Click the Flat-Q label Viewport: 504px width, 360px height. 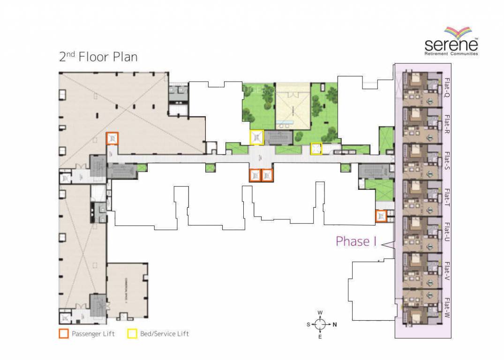click(x=447, y=88)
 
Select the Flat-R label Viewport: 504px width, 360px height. click(x=447, y=124)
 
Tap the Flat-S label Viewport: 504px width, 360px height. click(x=447, y=161)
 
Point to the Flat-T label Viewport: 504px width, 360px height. click(x=447, y=197)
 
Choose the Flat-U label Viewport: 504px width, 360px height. click(x=447, y=233)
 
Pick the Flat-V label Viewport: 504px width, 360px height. click(x=447, y=270)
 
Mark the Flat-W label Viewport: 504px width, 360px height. click(x=447, y=307)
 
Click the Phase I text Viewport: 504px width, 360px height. click(x=356, y=241)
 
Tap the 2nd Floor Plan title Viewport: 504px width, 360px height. click(x=98, y=57)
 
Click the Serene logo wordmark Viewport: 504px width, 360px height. click(x=451, y=45)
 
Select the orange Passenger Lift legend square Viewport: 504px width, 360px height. click(x=63, y=334)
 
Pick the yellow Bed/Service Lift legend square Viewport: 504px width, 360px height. click(x=132, y=334)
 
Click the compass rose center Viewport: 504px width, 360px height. click(x=320, y=324)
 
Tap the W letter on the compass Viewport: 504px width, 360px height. click(x=320, y=312)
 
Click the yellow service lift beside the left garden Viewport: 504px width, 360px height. click(x=256, y=137)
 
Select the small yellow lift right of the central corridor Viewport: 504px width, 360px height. click(x=316, y=149)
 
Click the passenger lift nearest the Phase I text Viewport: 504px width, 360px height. click(x=381, y=216)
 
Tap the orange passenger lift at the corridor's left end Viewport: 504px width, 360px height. click(x=113, y=139)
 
